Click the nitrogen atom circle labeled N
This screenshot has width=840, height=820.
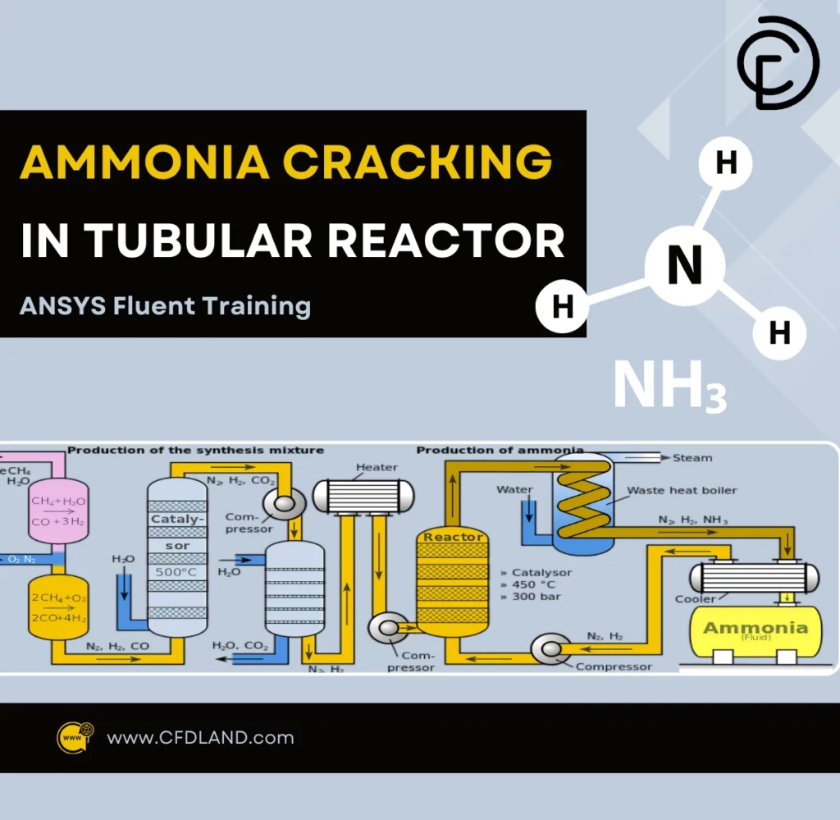point(685,266)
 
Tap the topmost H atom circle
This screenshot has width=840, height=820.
point(726,163)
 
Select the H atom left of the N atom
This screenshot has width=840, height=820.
point(562,307)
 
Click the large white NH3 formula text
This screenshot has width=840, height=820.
point(669,386)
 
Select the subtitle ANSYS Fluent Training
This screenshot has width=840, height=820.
point(165,306)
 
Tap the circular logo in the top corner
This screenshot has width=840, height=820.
point(778,63)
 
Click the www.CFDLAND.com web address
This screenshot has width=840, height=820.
point(200,737)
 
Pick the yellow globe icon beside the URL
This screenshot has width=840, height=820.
point(75,737)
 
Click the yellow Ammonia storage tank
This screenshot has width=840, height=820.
point(756,634)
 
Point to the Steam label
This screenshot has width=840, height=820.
point(692,458)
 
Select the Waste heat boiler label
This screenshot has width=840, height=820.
point(682,491)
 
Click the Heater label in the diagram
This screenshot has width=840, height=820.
point(377,467)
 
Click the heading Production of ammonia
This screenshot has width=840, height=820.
point(500,450)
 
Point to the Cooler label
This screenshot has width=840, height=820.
point(695,598)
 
